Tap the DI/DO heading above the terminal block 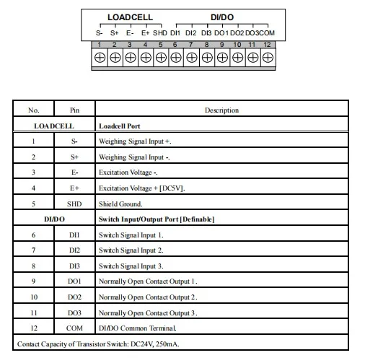[x=222, y=17]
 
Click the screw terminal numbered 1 [x=99, y=57]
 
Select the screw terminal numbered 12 [x=268, y=57]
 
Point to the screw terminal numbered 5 [x=160, y=57]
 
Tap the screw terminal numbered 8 [x=206, y=57]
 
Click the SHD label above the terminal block [x=160, y=32]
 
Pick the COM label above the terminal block [x=267, y=32]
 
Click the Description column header [x=221, y=110]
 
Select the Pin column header [x=75, y=110]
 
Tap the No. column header [x=34, y=110]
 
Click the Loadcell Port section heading [x=120, y=126]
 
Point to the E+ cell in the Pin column [x=75, y=188]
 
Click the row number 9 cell [x=34, y=281]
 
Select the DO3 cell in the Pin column [x=75, y=312]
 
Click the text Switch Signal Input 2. [x=131, y=250]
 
